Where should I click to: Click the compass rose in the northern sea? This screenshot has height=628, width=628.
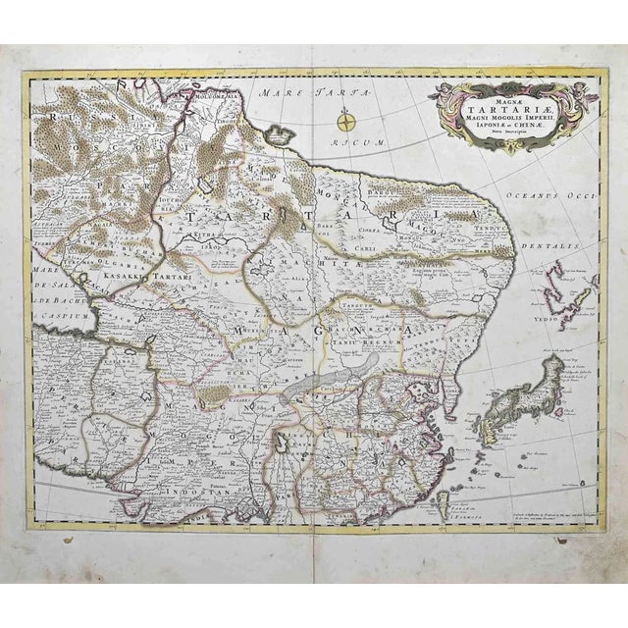click(x=346, y=122)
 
